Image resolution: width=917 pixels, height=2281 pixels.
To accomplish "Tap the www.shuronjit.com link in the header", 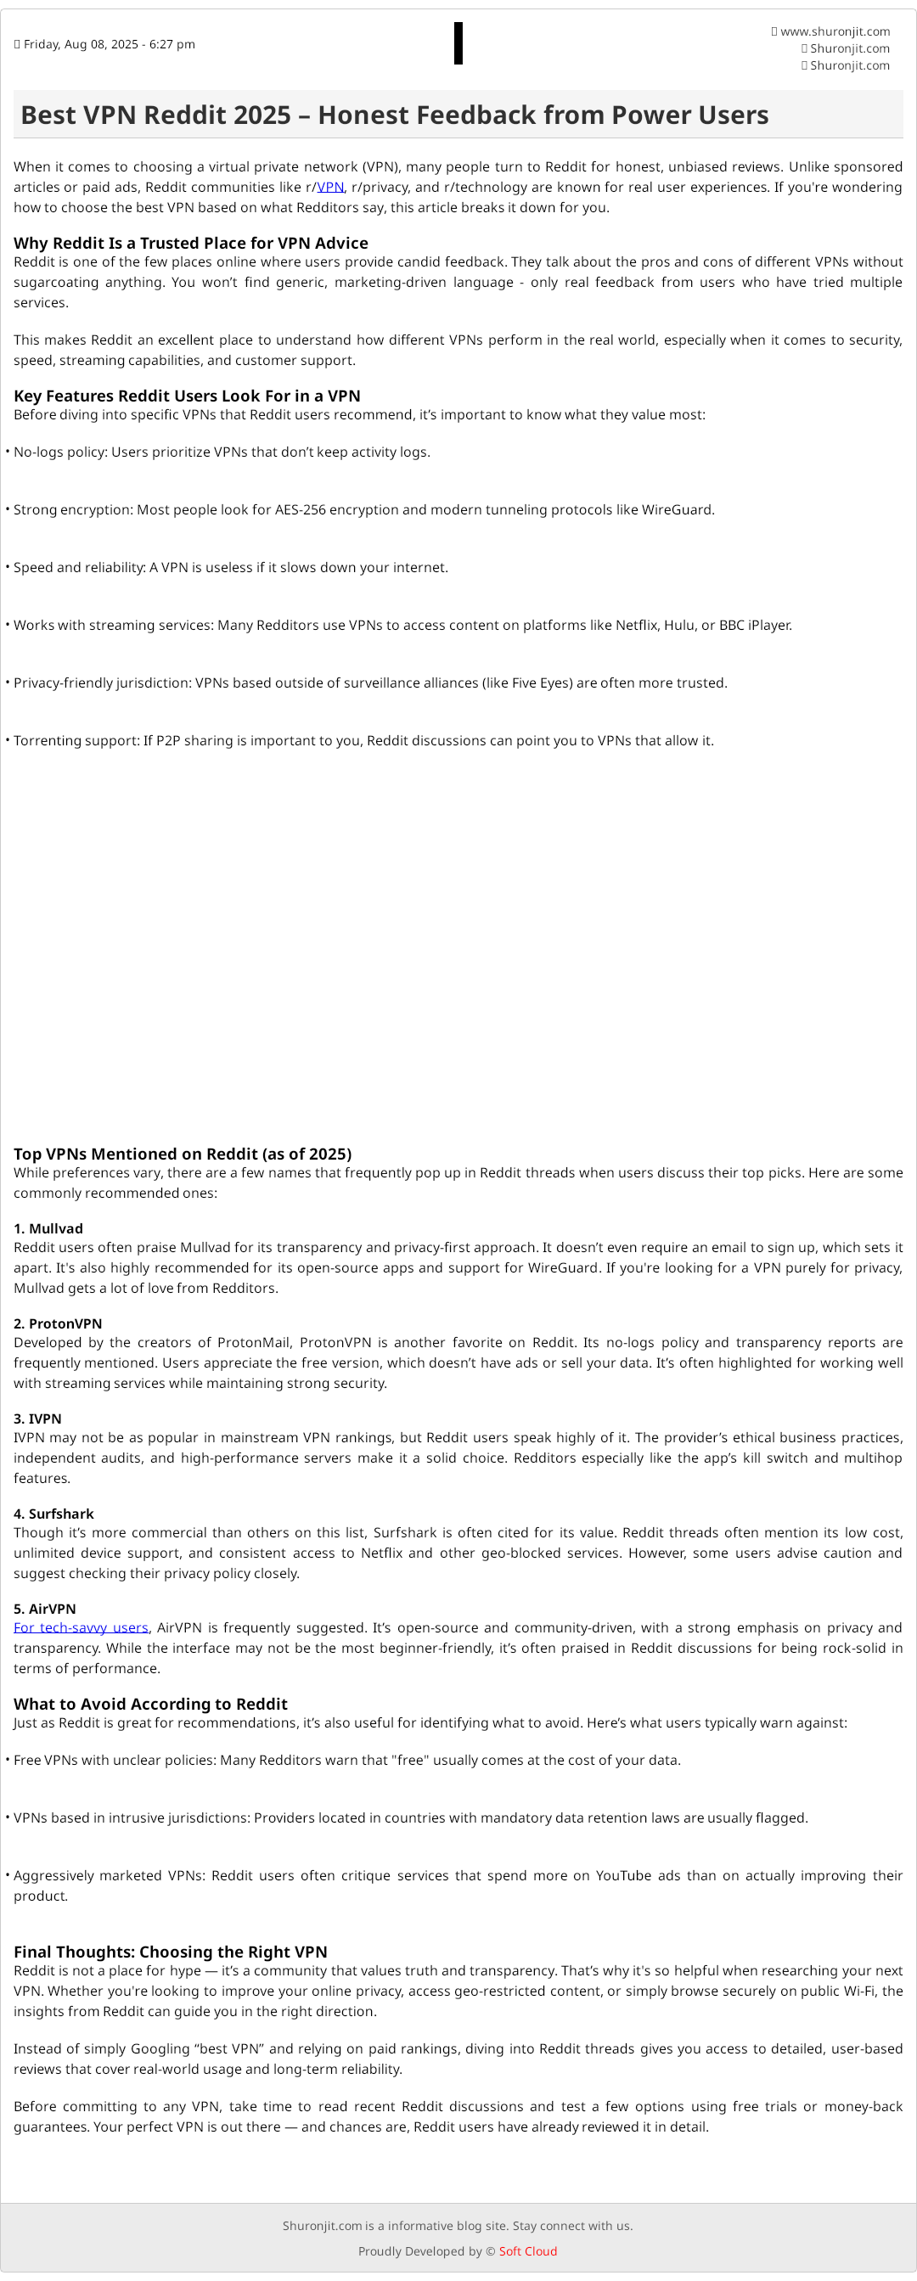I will pyautogui.click(x=835, y=32).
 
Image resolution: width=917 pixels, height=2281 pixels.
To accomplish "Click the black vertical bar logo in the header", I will pyautogui.click(x=458, y=43).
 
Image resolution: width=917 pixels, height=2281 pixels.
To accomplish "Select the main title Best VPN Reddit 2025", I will pyautogui.click(x=394, y=115).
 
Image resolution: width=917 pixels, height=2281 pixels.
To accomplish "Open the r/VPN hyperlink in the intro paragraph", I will pyautogui.click(x=330, y=188).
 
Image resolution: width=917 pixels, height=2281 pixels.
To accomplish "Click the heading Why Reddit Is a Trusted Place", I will pyautogui.click(x=190, y=243).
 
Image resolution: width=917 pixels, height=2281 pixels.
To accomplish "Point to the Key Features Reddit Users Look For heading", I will pyautogui.click(x=187, y=396).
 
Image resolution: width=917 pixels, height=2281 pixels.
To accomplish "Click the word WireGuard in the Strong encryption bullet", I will pyautogui.click(x=677, y=510).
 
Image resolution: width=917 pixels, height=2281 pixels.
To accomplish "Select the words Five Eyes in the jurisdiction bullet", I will pyautogui.click(x=542, y=683).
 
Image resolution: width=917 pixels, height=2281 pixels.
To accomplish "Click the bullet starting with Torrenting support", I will pyautogui.click(x=363, y=740).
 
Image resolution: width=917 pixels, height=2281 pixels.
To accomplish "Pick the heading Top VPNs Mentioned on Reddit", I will pyautogui.click(x=183, y=1154).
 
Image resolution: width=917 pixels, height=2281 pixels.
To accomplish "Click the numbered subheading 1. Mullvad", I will pyautogui.click(x=48, y=1228).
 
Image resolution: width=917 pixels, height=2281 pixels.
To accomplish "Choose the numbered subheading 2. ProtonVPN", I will pyautogui.click(x=58, y=1323).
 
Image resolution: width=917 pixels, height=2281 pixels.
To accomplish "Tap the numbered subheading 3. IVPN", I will pyautogui.click(x=38, y=1419).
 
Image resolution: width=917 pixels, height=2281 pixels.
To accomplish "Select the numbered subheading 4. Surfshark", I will pyautogui.click(x=54, y=1514).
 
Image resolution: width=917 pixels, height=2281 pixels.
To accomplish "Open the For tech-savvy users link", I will pyautogui.click(x=81, y=1627).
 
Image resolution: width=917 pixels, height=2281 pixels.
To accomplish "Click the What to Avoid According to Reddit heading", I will pyautogui.click(x=150, y=1704).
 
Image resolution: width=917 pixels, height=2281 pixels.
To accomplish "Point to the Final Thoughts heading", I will pyautogui.click(x=170, y=1952).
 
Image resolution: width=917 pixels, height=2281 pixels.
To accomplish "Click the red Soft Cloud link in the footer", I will pyautogui.click(x=528, y=2251).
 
